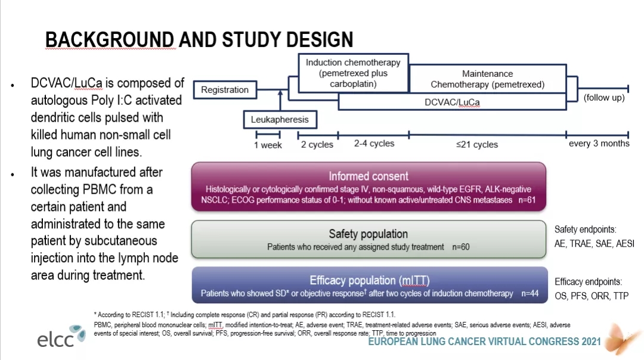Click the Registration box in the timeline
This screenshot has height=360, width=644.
click(225, 90)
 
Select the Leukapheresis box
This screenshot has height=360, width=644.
click(280, 120)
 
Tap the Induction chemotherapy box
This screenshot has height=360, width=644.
click(353, 73)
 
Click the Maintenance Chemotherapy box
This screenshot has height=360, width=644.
click(487, 79)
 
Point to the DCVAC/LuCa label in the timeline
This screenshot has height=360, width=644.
click(452, 102)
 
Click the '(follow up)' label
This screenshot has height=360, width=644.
click(604, 97)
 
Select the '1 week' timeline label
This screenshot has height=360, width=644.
click(268, 145)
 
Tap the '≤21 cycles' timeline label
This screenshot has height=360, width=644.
click(476, 144)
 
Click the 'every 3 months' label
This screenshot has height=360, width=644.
click(599, 144)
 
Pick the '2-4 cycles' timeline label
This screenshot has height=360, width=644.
click(374, 144)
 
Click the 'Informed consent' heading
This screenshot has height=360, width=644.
click(369, 176)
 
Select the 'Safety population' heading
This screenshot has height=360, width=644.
click(368, 234)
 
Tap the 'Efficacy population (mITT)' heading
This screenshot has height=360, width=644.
click(369, 280)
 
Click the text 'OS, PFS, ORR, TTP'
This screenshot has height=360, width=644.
click(591, 296)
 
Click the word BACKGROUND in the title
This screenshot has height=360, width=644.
click(110, 40)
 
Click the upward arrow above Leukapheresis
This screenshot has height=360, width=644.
click(280, 95)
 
